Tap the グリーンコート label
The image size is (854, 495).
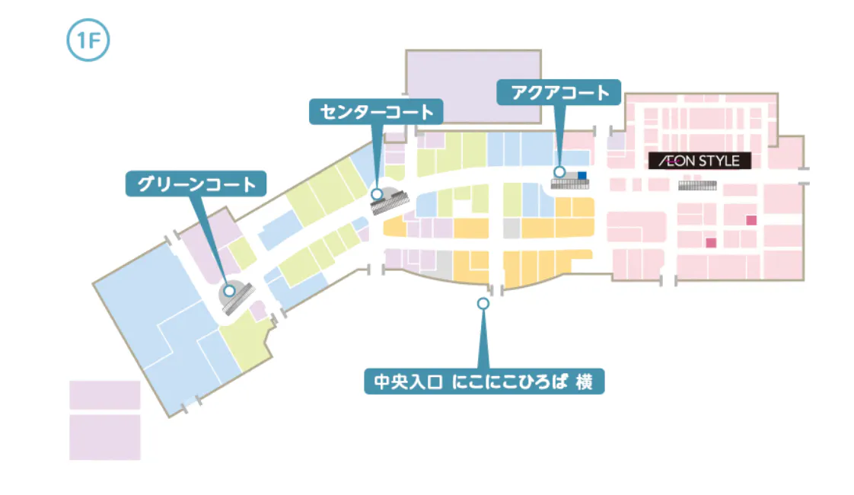tap(196, 184)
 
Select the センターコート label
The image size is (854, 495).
tap(376, 112)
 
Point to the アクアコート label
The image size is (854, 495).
tap(559, 93)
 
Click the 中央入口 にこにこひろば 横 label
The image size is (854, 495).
tap(484, 381)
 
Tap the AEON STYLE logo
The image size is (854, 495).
tap(699, 161)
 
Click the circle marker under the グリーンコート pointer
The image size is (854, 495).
tap(228, 289)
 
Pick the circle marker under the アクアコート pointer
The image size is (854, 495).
tap(559, 173)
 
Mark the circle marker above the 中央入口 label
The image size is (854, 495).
tap(483, 303)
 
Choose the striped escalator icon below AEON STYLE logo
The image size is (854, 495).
tap(698, 185)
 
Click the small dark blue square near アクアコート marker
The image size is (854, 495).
tap(582, 176)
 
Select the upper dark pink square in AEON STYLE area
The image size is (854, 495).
tap(751, 220)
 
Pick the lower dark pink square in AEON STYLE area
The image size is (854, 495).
tap(712, 243)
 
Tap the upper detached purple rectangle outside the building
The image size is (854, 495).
tap(105, 395)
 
